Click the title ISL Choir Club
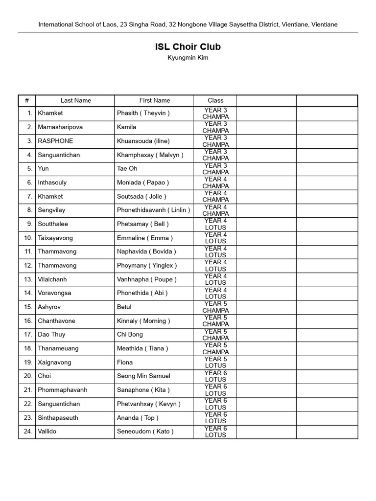188,47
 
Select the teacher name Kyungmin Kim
188,58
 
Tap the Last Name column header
75,100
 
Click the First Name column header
154,100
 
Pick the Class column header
215,100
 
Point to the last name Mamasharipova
60,127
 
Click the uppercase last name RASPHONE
55,141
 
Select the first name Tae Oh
127,169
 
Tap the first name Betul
124,307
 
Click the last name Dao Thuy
51,335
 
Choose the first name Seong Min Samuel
143,376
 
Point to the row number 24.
28,432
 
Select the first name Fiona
124,363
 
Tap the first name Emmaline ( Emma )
145,238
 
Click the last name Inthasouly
52,182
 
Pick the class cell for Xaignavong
215,363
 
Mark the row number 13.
28,279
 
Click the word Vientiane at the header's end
324,24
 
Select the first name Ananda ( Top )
138,418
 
